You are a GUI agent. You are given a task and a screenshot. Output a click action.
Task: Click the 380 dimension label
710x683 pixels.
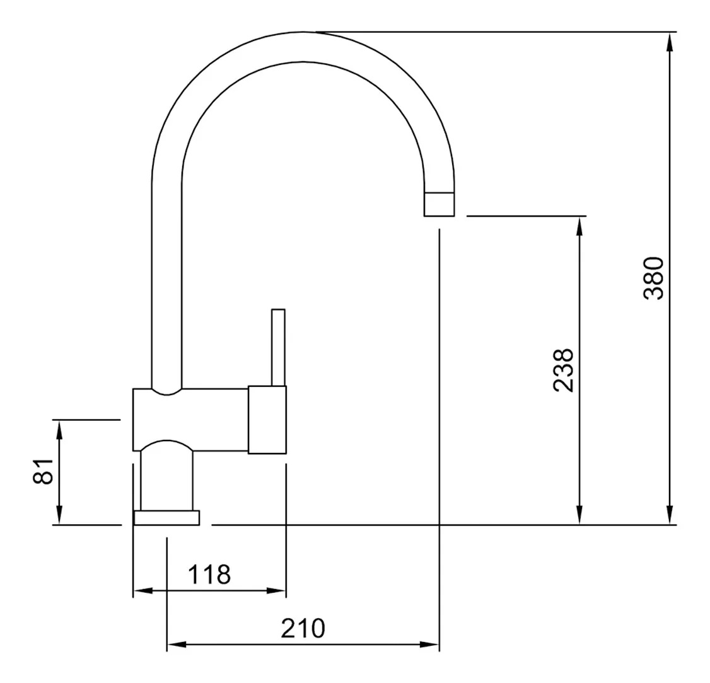(x=654, y=278)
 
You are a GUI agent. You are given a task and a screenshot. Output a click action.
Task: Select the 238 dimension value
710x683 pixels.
(x=564, y=370)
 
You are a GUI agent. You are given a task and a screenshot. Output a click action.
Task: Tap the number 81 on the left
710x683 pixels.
(x=44, y=471)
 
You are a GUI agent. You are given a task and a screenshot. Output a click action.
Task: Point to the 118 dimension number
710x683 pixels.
(x=209, y=575)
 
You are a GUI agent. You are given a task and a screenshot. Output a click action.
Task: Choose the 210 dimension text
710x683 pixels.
(x=303, y=628)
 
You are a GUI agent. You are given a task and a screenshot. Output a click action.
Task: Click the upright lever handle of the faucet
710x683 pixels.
(x=278, y=348)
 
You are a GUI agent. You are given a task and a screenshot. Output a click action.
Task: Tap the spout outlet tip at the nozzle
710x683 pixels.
(x=439, y=204)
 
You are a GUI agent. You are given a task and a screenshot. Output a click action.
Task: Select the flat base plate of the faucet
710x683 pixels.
(x=166, y=518)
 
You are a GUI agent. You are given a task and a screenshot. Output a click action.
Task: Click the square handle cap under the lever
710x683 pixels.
(x=267, y=420)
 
